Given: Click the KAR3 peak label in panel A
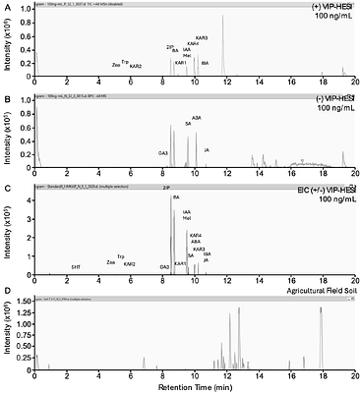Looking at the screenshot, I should coord(202,37).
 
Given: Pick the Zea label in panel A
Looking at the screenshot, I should coord(116,65).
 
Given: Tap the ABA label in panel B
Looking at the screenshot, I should coord(196,117).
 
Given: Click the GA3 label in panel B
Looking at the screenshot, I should coord(163,152).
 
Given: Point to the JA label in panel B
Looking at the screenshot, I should coord(207,149).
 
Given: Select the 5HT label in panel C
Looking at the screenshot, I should coord(76,266).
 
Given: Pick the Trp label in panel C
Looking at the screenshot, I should coord(120,255).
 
